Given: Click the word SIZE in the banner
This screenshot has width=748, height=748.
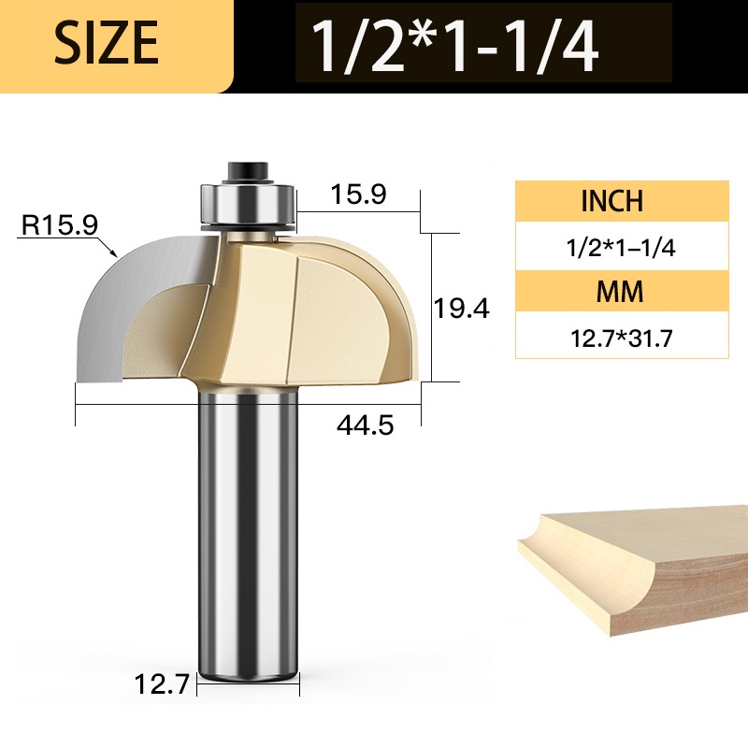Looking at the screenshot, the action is pos(106,42).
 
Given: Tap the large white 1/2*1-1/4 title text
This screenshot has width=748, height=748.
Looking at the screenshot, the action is pos(454,46).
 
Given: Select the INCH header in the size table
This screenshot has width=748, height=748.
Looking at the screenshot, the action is pos(612,200).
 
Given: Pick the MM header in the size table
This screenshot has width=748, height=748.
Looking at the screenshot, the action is pos(620,292).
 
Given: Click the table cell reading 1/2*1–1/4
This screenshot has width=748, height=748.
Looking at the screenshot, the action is pos(621,248).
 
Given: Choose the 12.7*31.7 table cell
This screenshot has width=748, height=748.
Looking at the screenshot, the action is pos(621,338).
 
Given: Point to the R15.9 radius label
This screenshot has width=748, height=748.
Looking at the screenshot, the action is pos(60,224).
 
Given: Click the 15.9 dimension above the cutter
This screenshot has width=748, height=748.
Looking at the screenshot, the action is pos(358,194).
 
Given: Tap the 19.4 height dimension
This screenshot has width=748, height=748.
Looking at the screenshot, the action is pos(461,308).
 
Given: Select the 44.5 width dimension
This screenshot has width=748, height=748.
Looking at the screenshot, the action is pos(366,424).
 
